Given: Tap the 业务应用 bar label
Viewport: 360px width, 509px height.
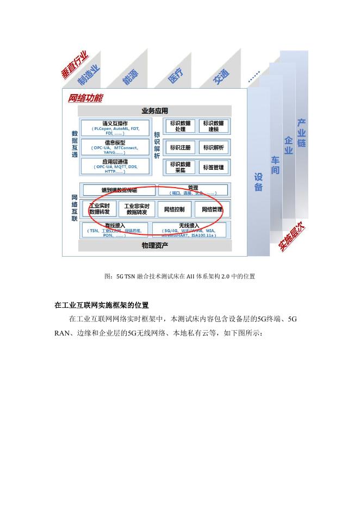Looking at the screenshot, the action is pyautogui.click(x=155, y=111).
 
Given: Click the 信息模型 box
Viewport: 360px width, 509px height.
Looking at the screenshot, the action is pyautogui.click(x=114, y=146).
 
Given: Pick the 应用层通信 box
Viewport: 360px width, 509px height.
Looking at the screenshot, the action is pyautogui.click(x=114, y=165).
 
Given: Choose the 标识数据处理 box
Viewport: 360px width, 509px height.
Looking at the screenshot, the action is pyautogui.click(x=181, y=126).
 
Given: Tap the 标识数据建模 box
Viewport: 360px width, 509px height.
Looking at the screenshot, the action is pyautogui.click(x=214, y=126).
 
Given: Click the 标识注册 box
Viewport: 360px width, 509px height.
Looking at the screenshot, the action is pyautogui.click(x=181, y=147).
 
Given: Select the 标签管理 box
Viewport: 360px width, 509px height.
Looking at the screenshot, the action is pyautogui.click(x=214, y=167).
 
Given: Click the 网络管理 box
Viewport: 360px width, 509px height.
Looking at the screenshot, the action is pyautogui.click(x=212, y=209).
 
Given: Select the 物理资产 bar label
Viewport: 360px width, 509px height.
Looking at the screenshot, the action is pyautogui.click(x=155, y=246).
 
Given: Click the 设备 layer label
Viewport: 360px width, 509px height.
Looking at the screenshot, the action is pyautogui.click(x=258, y=182).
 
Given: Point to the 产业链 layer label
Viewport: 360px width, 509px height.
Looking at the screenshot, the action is pyautogui.click(x=302, y=133).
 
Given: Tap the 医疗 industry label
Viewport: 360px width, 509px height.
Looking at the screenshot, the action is pyautogui.click(x=176, y=76).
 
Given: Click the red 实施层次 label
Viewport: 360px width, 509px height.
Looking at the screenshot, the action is pyautogui.click(x=291, y=238).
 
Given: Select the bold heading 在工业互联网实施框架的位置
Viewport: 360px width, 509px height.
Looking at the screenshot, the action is pyautogui.click(x=102, y=303).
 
